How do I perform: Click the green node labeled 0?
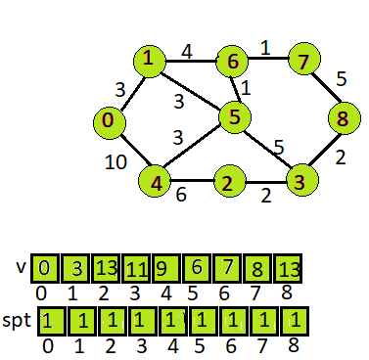point(109,123)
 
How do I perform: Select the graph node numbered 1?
point(149,62)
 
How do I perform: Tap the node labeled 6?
point(233,62)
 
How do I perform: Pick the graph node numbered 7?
point(303,62)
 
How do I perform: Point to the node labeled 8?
point(343,121)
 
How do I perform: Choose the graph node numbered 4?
point(155,181)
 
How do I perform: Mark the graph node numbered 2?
point(227,182)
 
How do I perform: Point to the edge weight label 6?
point(182,195)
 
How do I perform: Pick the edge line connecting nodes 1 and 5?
point(191,90)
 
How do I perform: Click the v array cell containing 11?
point(136,267)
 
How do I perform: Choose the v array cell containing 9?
point(164,267)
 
